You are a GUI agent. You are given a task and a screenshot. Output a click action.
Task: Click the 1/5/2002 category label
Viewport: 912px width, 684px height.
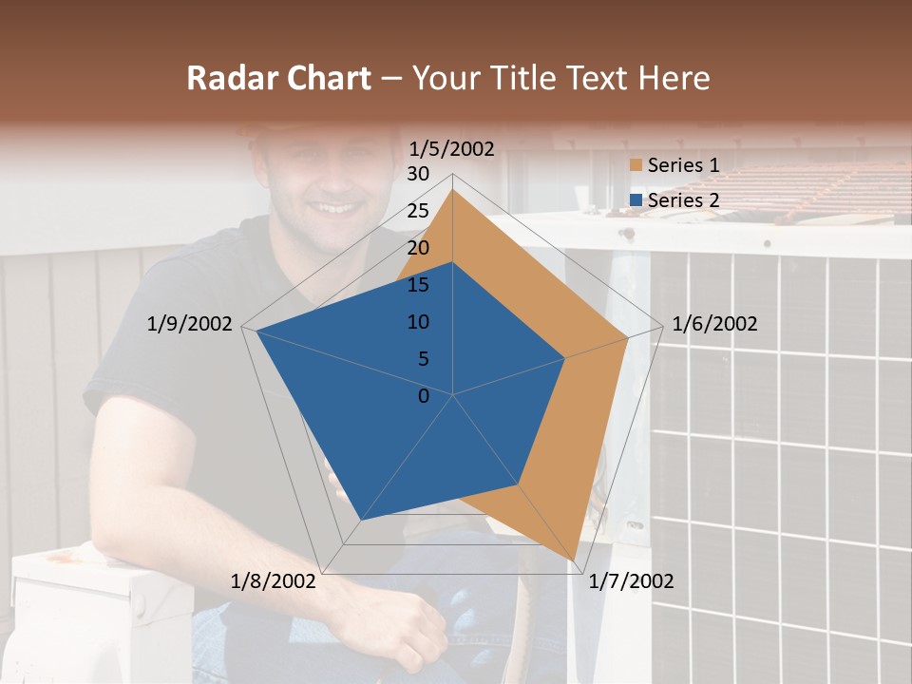pyautogui.click(x=451, y=149)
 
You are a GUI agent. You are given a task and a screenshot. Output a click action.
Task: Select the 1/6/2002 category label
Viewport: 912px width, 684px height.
pyautogui.click(x=714, y=324)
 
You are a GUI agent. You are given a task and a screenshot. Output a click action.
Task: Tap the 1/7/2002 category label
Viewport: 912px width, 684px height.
pyautogui.click(x=631, y=581)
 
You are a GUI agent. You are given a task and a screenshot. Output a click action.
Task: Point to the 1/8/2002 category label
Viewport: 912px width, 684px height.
pyautogui.click(x=274, y=581)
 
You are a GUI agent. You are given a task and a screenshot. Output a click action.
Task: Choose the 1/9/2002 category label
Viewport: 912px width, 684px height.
pyautogui.click(x=189, y=324)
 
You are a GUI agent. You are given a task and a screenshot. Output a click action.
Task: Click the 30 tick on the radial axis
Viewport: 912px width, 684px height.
pyautogui.click(x=418, y=174)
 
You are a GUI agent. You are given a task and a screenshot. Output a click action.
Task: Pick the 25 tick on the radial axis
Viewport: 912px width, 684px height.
pyautogui.click(x=418, y=211)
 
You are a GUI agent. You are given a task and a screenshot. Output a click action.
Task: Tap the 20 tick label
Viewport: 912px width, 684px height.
pyautogui.click(x=418, y=248)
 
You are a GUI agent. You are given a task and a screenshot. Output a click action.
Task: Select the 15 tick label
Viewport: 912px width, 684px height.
pyautogui.click(x=418, y=285)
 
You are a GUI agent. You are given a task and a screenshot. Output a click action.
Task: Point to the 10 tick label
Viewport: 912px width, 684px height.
pyautogui.click(x=418, y=322)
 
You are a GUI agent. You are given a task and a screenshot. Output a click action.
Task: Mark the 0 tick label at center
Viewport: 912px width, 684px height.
pyautogui.click(x=424, y=396)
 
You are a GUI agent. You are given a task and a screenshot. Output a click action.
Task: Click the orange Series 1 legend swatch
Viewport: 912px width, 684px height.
pyautogui.click(x=636, y=166)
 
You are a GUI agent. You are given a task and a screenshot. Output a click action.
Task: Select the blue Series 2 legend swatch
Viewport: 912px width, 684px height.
pyautogui.click(x=636, y=200)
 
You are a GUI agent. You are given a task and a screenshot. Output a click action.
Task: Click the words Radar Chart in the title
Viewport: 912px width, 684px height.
pyautogui.click(x=278, y=78)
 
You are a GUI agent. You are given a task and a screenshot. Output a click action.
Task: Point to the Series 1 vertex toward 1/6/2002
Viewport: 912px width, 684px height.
pyautogui.click(x=627, y=337)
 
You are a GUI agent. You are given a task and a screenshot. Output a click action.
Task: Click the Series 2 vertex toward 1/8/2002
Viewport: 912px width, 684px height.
pyautogui.click(x=361, y=520)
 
